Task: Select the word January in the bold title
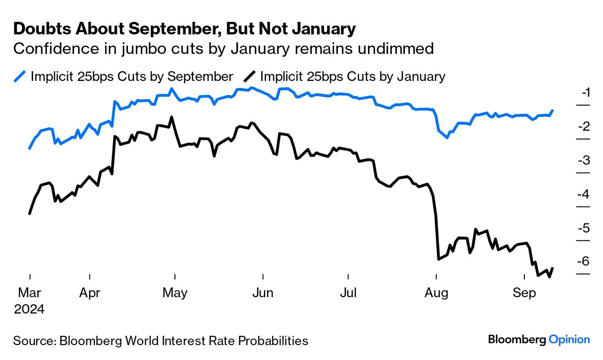324,29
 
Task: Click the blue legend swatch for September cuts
20,76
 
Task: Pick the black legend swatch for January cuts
249,76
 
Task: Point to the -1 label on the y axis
586,93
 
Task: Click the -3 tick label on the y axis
584,160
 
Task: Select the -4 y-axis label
583,194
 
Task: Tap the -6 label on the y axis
583,261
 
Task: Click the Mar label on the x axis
29,293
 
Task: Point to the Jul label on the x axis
348,293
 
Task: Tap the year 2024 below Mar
29,309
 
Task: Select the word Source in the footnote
33,341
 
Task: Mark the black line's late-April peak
172,117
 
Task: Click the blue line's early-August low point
447,138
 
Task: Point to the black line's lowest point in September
549,277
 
